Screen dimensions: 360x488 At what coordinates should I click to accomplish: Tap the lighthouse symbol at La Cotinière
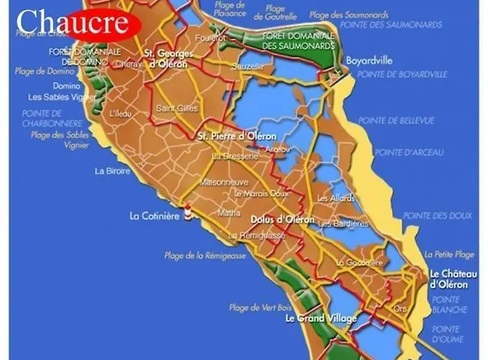click(x=189, y=212)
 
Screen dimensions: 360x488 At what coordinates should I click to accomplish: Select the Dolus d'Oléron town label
click(x=282, y=219)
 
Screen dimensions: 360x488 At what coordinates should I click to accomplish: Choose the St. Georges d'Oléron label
click(x=166, y=58)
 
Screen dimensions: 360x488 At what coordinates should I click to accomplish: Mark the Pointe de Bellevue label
click(x=397, y=120)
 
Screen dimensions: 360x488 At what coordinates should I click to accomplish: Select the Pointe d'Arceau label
click(x=409, y=153)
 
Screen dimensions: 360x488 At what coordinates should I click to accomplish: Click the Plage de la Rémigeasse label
click(x=205, y=256)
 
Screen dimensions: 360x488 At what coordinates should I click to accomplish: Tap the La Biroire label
click(x=112, y=171)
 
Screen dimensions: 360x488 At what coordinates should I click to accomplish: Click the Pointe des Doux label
click(x=438, y=216)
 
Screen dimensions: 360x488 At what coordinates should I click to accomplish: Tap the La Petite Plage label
click(x=449, y=254)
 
